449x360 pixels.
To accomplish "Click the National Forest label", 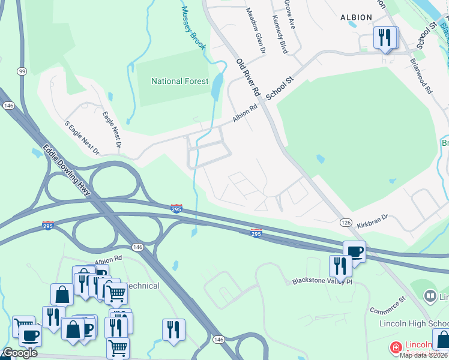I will click(x=180, y=81).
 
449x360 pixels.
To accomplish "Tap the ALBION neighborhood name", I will click(x=356, y=17).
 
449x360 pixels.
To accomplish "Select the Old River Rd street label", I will click(x=247, y=79).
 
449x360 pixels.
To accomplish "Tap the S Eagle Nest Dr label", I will click(x=82, y=138).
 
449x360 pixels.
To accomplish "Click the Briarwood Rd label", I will click(x=421, y=76).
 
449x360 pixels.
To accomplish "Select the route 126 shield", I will click(x=346, y=222).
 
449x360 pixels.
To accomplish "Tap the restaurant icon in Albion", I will click(x=384, y=37).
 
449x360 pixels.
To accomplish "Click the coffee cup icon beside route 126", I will click(x=354, y=251).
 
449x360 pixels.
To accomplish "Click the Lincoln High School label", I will click(x=414, y=323).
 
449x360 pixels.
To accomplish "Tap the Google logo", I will click(x=19, y=353).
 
